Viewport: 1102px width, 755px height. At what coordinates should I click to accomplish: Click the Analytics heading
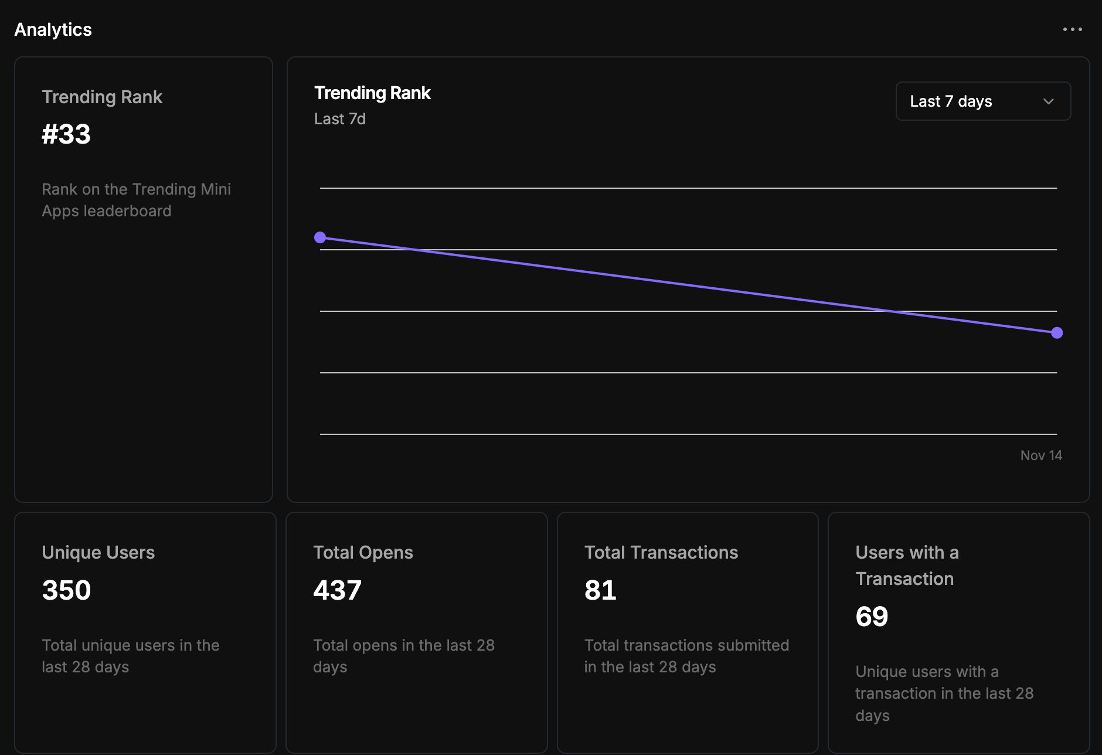53,29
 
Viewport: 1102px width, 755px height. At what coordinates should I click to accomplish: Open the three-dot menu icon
1072,29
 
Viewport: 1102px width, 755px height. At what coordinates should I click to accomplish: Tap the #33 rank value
66,134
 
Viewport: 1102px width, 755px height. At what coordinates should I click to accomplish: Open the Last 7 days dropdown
982,101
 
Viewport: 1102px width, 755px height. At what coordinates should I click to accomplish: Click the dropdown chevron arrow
1049,101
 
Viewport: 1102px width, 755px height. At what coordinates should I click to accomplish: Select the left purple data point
320,237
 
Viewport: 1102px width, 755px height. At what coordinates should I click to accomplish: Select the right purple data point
1057,333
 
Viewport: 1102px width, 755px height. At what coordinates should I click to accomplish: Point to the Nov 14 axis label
1041,455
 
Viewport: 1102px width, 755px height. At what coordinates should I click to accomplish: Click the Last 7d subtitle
340,119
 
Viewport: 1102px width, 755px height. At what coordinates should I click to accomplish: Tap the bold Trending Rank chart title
372,93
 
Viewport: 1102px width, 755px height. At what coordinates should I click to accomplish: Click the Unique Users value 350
66,590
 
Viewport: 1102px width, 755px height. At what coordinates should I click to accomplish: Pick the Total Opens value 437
337,590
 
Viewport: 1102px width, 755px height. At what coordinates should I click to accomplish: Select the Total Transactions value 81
600,590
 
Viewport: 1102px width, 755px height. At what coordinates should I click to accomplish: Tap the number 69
872,617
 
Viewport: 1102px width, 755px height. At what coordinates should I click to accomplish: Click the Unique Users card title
98,552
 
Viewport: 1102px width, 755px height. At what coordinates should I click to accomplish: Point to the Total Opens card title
363,552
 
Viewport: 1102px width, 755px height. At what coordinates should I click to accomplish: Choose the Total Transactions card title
661,552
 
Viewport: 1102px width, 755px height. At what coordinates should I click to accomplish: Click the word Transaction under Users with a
904,579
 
